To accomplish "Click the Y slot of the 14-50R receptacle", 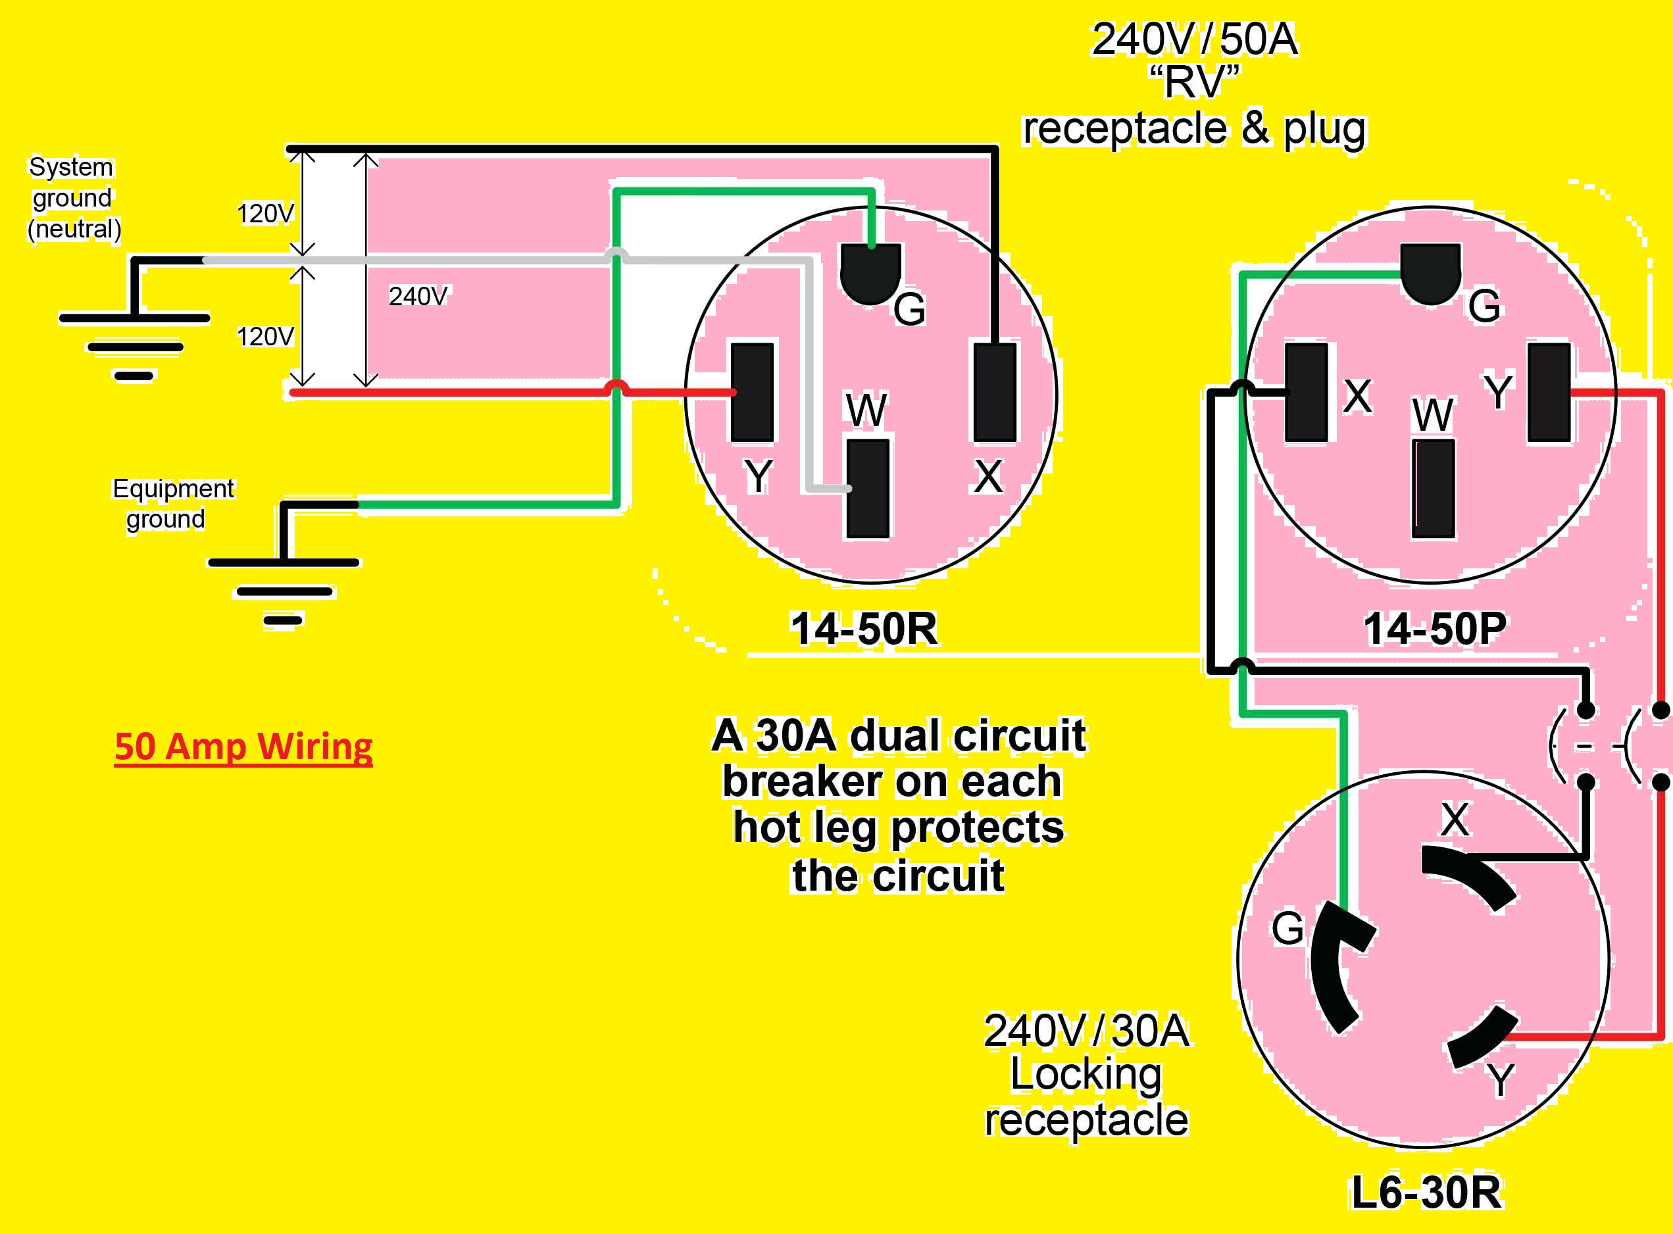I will tap(751, 392).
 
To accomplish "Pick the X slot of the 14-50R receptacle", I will tap(995, 392).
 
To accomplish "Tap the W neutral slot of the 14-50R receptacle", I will tap(868, 489).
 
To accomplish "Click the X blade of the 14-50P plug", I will tap(1307, 392).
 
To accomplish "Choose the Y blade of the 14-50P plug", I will tap(1549, 392).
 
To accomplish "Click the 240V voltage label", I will tap(418, 297).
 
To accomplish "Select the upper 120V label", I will tap(265, 214).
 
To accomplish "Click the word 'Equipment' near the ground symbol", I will tap(173, 489).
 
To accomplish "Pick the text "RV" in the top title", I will tap(1194, 82).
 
